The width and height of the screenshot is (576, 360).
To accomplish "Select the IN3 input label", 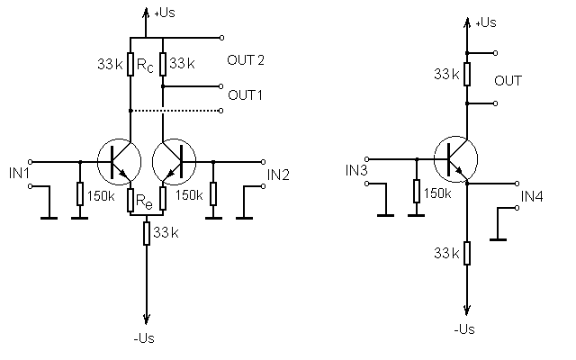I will [356, 169].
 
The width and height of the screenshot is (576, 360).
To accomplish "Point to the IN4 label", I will [533, 196].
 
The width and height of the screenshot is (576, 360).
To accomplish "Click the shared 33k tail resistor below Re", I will [147, 233].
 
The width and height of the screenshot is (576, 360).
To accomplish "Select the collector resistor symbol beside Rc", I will [130, 65].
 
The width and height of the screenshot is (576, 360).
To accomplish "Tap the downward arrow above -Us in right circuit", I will [467, 310].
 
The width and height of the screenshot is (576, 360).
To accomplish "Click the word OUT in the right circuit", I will [509, 81].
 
